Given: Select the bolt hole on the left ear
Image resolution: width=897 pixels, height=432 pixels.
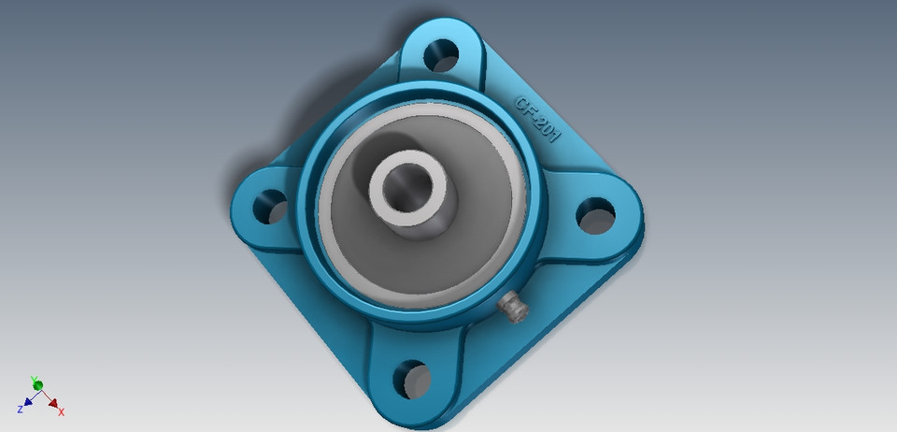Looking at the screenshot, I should [x=272, y=205].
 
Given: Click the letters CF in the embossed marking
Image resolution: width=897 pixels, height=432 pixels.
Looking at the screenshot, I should [x=526, y=104].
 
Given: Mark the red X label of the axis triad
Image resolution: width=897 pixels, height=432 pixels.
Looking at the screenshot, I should [x=62, y=412].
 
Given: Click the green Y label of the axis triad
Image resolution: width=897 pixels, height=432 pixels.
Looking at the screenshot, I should [x=34, y=379].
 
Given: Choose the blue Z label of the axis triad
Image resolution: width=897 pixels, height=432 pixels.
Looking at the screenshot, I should [x=20, y=410].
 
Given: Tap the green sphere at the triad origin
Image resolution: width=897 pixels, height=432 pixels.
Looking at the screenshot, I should [x=38, y=386].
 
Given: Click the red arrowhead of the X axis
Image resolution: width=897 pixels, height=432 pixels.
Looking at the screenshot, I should [x=53, y=403].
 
